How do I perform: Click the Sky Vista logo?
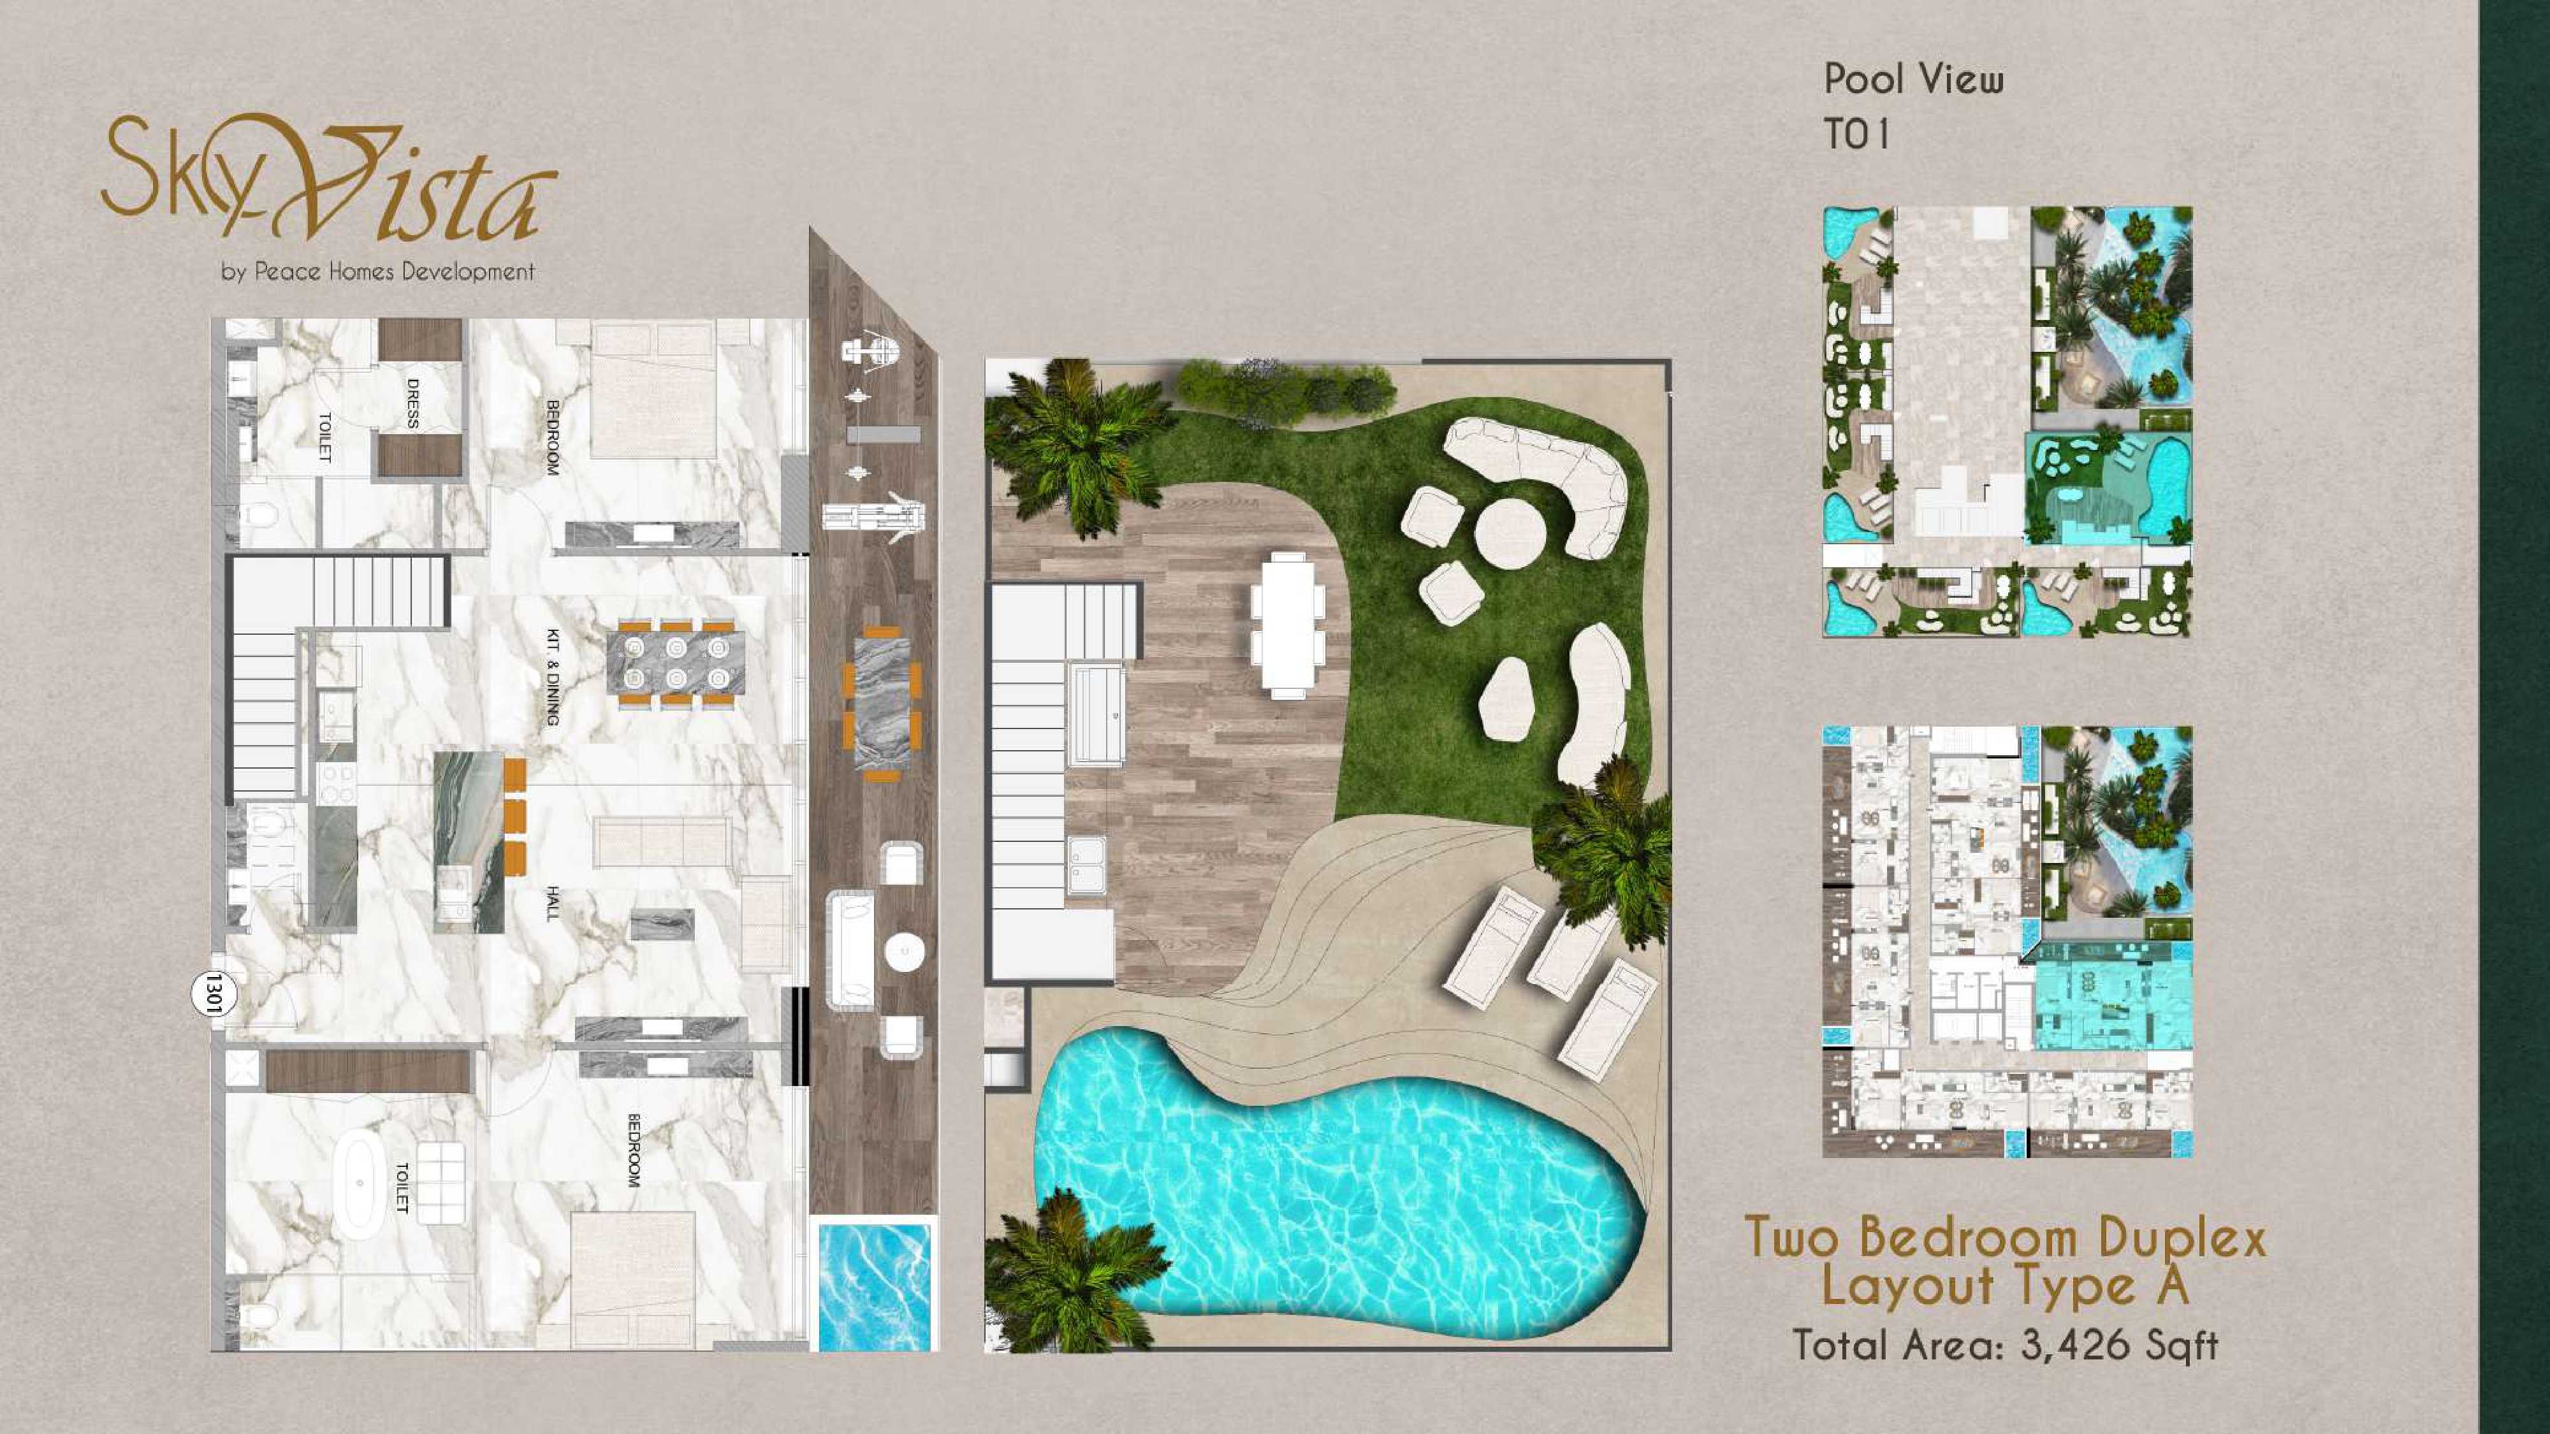coord(329,179)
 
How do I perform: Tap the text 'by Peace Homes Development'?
coord(378,271)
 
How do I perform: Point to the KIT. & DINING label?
coord(552,679)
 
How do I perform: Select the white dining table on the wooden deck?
coord(1287,623)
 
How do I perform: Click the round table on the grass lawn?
coord(1510,532)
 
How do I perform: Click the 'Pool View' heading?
coord(1914,79)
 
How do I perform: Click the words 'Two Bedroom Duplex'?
coord(2004,1237)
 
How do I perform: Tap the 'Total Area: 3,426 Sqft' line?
coord(2006,1345)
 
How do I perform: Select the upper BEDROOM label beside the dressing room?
coord(552,437)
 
